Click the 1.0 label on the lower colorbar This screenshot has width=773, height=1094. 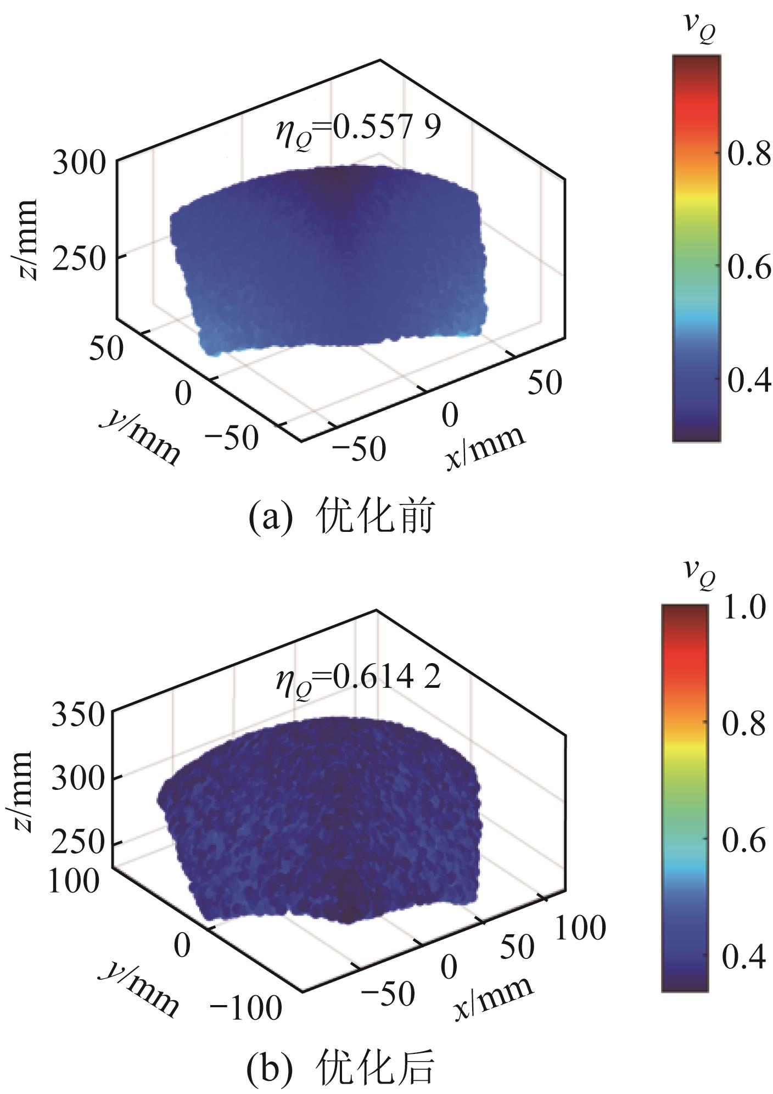[x=743, y=609]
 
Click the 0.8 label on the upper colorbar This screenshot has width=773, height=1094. [x=749, y=155]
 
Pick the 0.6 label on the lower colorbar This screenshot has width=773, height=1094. [x=743, y=840]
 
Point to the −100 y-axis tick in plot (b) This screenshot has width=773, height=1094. [x=246, y=1007]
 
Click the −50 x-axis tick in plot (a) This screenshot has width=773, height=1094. [x=360, y=449]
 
